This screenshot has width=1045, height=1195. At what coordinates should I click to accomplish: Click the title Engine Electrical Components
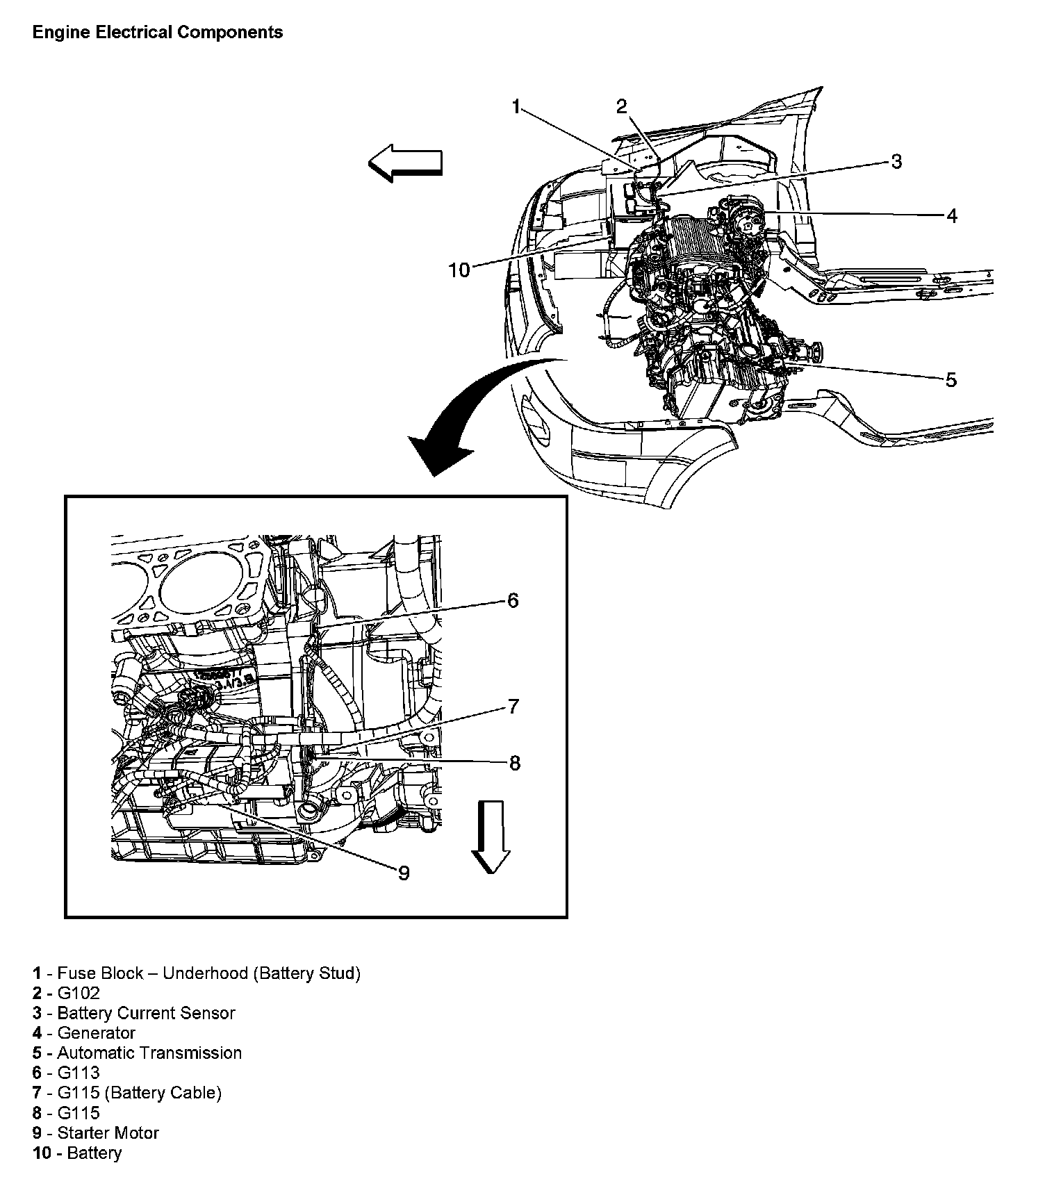(158, 33)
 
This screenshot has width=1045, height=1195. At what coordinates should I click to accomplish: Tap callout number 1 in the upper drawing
(516, 106)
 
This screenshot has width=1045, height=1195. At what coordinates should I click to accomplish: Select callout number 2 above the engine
(621, 106)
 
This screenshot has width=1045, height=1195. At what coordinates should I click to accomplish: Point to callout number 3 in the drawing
(896, 161)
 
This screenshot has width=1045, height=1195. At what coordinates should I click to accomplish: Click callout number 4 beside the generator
(952, 216)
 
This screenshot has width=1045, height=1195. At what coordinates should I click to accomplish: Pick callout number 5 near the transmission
(951, 379)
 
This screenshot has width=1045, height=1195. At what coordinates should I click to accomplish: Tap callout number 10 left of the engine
(459, 270)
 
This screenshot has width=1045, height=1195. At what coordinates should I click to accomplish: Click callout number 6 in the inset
(513, 600)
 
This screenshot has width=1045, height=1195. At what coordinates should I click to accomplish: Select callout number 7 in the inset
(513, 707)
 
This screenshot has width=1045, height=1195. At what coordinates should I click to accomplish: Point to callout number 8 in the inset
(514, 763)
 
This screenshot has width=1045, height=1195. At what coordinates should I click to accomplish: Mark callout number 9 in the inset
(404, 873)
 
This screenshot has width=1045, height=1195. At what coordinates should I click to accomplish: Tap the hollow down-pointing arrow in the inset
(491, 836)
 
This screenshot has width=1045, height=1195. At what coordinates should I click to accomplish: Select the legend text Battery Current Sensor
(146, 1013)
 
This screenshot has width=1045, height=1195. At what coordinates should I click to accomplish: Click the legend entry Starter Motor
(108, 1132)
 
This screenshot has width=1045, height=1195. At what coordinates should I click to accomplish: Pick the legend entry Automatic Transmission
(149, 1053)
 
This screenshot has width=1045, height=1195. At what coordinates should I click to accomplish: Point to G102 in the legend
(79, 993)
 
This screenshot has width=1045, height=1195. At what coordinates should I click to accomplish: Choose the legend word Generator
(96, 1032)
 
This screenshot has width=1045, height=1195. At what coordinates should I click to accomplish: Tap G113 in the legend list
(79, 1073)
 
